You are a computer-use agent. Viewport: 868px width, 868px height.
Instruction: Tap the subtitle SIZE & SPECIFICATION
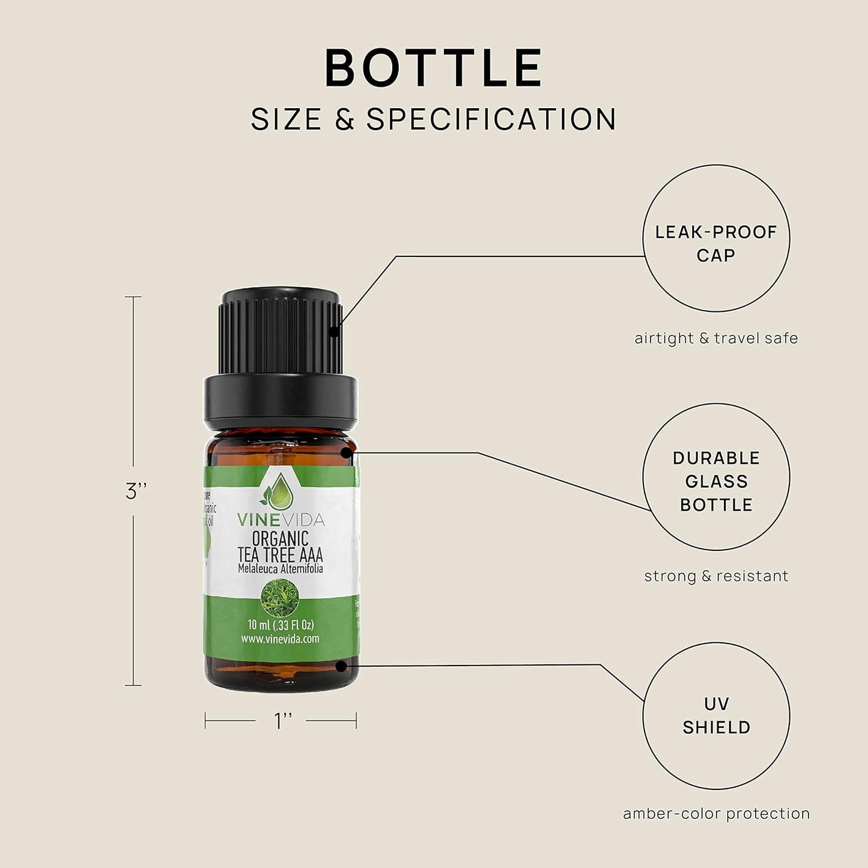(434, 119)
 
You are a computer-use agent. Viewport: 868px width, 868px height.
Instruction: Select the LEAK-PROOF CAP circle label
(716, 243)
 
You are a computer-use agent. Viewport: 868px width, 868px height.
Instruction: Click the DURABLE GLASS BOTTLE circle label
(716, 481)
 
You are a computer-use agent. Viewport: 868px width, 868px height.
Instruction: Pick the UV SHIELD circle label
(716, 715)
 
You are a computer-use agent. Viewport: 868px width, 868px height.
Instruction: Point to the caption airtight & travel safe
(716, 338)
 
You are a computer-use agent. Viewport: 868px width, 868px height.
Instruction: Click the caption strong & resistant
(716, 576)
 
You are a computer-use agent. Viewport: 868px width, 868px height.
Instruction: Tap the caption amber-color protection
(716, 813)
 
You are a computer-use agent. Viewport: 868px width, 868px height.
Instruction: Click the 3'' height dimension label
(136, 491)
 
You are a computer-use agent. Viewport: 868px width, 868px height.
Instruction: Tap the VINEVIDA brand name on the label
(280, 519)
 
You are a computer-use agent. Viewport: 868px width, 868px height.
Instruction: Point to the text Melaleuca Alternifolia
(280, 568)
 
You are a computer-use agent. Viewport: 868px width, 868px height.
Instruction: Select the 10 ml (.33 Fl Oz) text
(281, 625)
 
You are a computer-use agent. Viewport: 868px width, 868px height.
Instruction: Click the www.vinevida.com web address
(280, 639)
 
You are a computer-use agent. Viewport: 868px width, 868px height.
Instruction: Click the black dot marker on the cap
(334, 330)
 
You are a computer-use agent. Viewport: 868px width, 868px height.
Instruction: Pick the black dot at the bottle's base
(341, 666)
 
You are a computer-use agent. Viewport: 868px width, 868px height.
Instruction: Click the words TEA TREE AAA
(280, 554)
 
